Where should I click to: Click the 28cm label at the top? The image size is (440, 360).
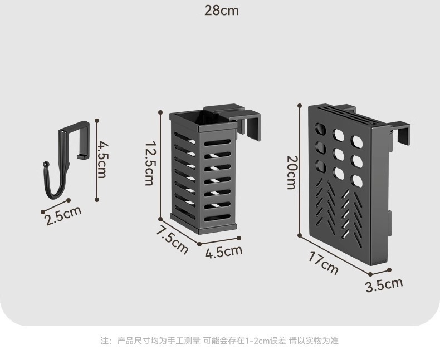[x=221, y=11]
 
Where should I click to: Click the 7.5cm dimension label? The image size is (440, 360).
[x=172, y=239]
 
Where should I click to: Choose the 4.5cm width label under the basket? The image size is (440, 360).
[x=223, y=251]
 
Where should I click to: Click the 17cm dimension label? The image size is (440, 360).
[x=323, y=263]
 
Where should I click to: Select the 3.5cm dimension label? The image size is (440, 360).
[x=383, y=285]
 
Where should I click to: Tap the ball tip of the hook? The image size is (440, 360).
[x=45, y=165]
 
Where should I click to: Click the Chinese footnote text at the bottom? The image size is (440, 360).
[x=219, y=341]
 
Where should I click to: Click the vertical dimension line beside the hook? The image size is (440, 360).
[x=97, y=160]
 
